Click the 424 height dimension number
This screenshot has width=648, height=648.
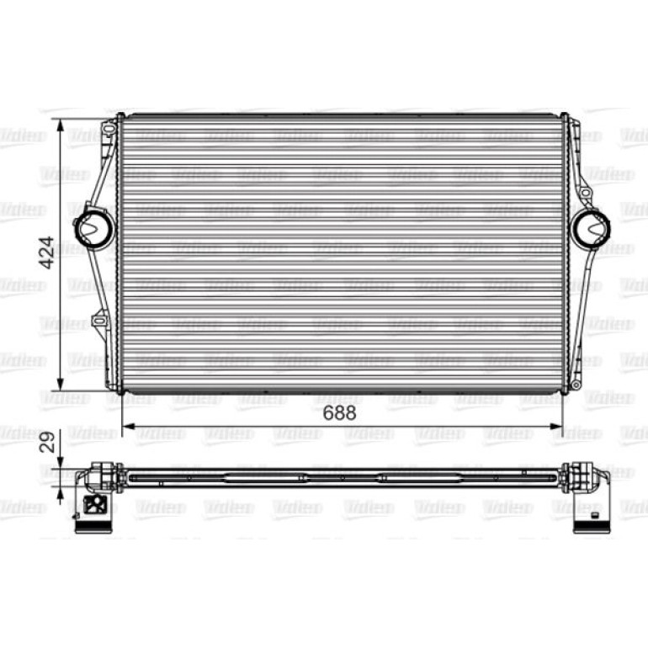point(48,253)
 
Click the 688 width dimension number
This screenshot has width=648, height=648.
point(339,413)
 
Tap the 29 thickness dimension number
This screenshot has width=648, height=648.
point(48,442)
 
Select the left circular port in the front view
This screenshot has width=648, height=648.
point(95,226)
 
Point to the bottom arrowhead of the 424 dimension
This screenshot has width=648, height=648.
point(61,385)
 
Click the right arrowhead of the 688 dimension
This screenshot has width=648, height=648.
point(556,426)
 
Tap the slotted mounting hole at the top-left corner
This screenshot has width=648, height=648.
point(109,130)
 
